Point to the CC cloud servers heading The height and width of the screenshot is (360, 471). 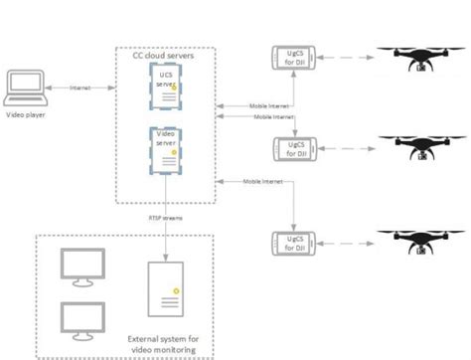point(165,57)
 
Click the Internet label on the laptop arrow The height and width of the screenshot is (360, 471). point(80,89)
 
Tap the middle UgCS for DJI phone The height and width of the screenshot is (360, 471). point(293,148)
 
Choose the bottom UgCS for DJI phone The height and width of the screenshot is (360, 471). point(293,243)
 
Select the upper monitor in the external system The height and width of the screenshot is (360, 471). point(82,266)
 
